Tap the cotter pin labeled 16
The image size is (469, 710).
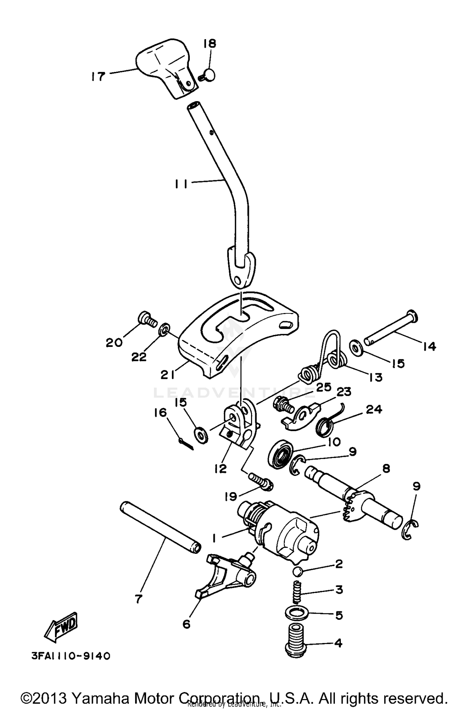tap(187, 445)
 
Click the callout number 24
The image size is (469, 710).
tap(375, 409)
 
